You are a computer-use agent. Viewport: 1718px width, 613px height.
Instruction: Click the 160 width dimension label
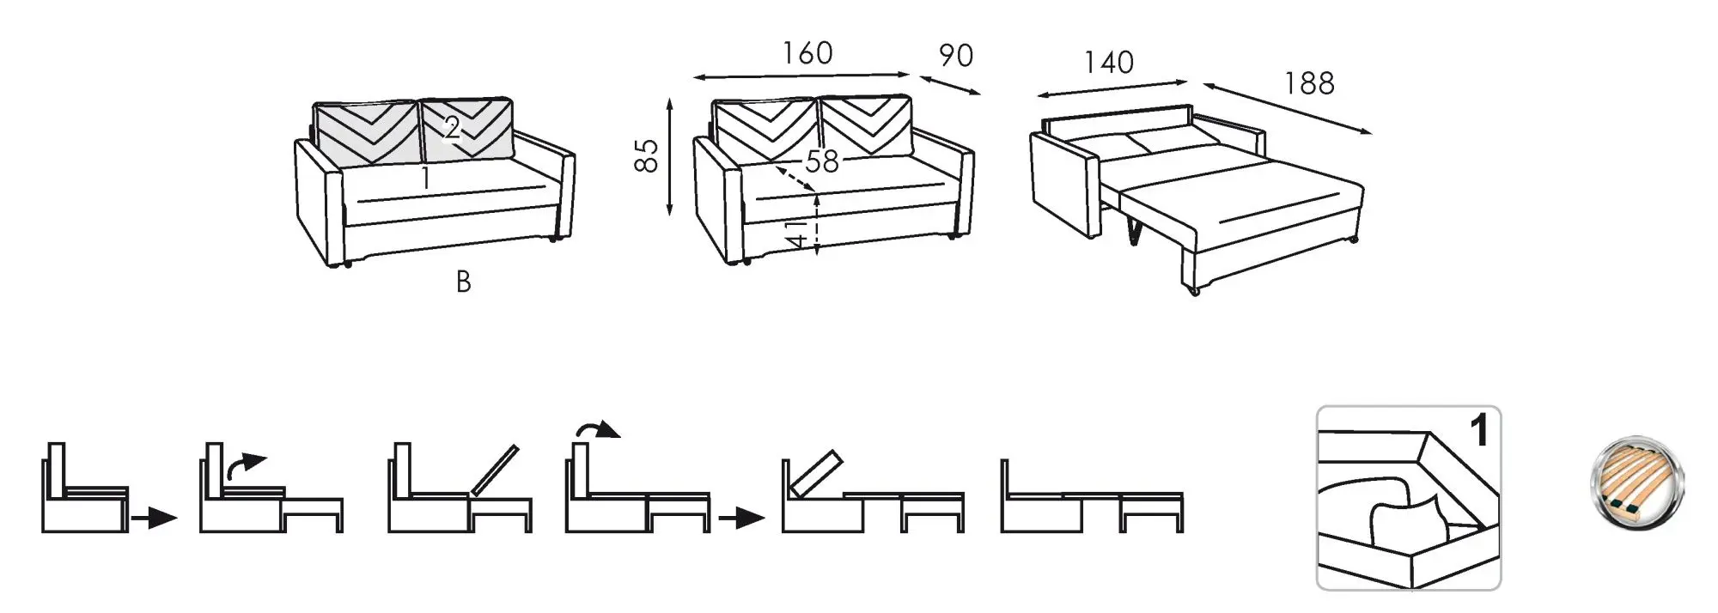(807, 53)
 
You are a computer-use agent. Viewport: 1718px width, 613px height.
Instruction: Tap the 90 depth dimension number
(955, 56)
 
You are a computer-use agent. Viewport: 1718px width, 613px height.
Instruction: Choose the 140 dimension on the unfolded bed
(1108, 63)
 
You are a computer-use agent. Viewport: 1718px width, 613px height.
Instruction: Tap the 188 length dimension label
(1308, 83)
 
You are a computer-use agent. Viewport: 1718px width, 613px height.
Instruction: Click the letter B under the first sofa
(463, 282)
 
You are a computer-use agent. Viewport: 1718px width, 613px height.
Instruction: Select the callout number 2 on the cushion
(452, 129)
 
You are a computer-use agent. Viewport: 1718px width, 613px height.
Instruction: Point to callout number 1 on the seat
(425, 178)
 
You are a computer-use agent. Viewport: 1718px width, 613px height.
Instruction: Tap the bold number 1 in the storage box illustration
(1480, 431)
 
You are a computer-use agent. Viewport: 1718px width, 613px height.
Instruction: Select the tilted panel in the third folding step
(495, 470)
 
